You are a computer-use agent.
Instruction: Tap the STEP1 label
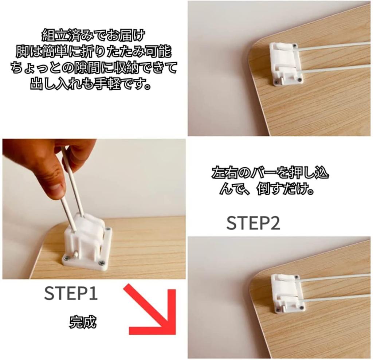click(71, 294)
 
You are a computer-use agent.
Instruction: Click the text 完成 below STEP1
click(83, 322)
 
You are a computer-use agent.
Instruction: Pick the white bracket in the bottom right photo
click(287, 293)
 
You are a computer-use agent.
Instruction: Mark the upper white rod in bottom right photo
click(335, 277)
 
